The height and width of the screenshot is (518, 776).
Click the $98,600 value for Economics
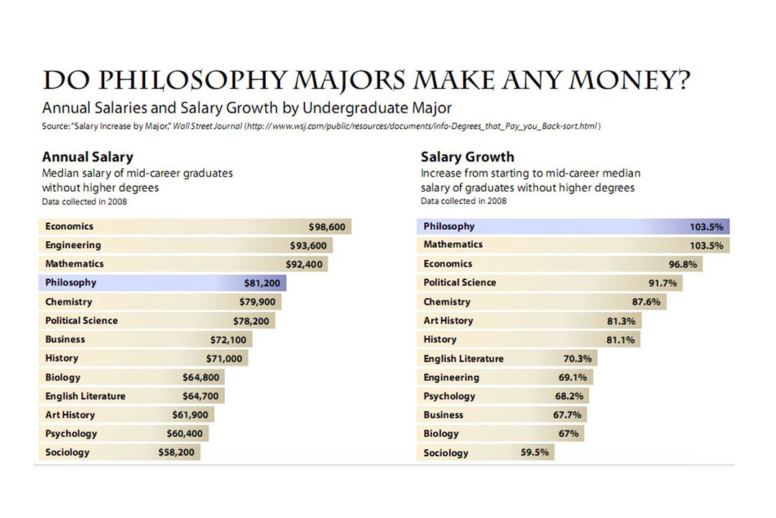327,227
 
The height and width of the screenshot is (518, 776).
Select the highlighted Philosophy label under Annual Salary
70,283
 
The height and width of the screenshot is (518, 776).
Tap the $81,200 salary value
262,283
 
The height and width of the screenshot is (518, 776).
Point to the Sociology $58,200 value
176,453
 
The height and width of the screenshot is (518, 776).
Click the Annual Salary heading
88,157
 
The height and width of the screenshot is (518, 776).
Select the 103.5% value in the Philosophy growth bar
706,227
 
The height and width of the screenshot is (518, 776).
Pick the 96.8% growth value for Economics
683,264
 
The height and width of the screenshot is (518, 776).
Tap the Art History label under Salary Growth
448,320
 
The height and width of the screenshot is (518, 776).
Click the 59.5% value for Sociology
535,453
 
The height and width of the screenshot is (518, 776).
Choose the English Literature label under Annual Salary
85,396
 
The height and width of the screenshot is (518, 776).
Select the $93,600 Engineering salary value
308,246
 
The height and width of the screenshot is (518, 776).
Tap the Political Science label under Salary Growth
460,283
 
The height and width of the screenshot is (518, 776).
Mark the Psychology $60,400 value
186,434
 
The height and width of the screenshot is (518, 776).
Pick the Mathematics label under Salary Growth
453,245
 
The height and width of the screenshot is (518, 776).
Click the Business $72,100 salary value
228,339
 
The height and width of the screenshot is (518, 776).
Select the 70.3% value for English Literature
577,359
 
